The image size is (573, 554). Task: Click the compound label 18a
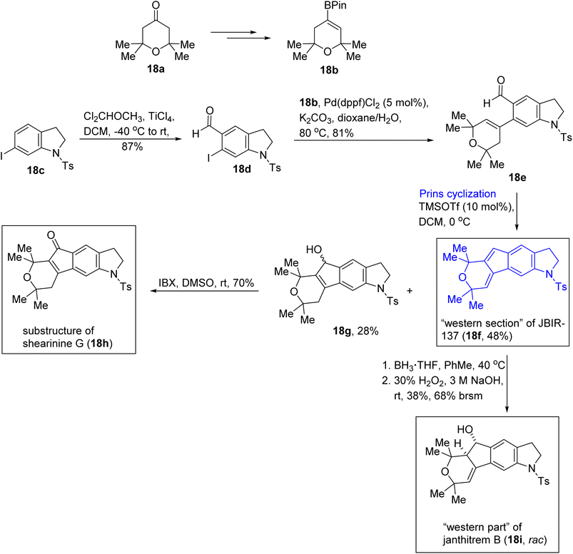[156, 68]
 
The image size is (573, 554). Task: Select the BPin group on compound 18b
[335, 6]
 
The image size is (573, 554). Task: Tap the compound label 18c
[36, 170]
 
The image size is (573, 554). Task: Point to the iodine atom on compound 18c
[2, 157]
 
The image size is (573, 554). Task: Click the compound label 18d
[242, 169]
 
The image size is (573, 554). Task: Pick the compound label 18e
[517, 178]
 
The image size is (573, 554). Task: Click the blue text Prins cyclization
[457, 193]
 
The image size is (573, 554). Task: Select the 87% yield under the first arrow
[132, 147]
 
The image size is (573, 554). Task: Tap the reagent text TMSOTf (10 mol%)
[466, 207]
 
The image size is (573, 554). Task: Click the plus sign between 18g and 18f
[410, 291]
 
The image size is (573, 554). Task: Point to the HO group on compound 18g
[314, 250]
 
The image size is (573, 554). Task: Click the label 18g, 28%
[355, 332]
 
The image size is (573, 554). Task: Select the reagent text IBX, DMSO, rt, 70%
[206, 283]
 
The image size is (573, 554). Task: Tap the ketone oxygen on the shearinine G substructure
[51, 235]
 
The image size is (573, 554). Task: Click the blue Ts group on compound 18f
[561, 287]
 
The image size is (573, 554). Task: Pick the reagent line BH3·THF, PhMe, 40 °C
[444, 365]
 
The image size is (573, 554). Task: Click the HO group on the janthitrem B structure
[465, 429]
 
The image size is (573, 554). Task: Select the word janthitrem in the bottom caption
[466, 540]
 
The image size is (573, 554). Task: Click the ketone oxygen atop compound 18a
[156, 6]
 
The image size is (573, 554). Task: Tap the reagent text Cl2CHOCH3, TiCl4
[129, 116]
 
